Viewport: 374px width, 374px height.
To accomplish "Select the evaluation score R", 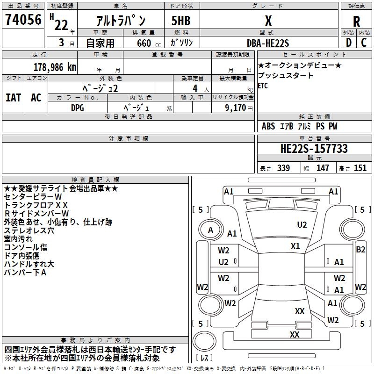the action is point(356,21).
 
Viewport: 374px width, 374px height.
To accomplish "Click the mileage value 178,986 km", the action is point(54,67).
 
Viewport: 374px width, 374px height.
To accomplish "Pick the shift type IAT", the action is point(13,98).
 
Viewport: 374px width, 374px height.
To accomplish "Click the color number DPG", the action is point(78,107).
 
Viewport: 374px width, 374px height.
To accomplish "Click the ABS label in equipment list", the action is point(268,126).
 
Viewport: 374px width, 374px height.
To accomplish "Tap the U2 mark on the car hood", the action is point(302,225).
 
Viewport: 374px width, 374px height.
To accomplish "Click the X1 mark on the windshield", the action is point(295,246).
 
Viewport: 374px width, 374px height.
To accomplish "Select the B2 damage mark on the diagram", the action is point(360,250).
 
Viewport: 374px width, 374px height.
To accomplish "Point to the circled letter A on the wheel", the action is point(210,230).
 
